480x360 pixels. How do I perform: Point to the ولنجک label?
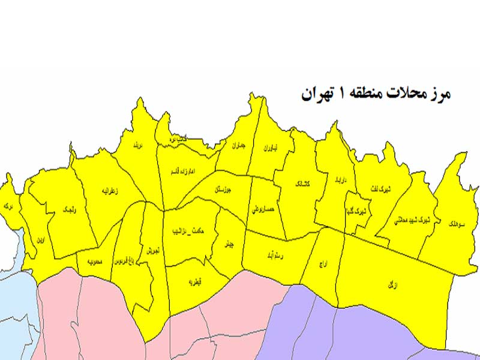click(68, 209)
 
